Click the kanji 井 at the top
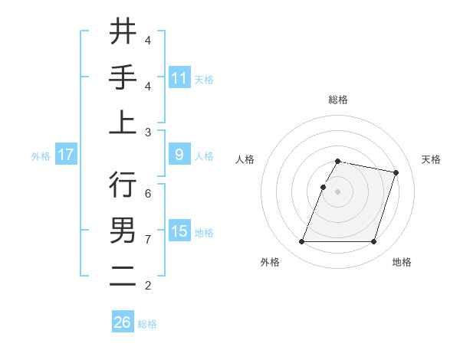tap(123, 33)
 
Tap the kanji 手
tap(123, 77)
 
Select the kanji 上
tap(123, 123)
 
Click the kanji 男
tap(123, 231)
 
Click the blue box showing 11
tap(179, 77)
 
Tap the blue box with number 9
tap(179, 155)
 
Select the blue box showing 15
tap(179, 231)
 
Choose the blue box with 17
tap(66, 155)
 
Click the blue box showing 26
tap(123, 322)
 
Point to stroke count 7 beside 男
tap(148, 240)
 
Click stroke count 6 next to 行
tap(148, 194)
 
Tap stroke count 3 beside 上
tap(148, 133)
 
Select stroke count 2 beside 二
tap(148, 286)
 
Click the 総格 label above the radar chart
tap(338, 100)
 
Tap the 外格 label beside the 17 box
tap(41, 155)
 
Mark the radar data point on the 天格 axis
tap(396, 173)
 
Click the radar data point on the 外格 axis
tap(302, 242)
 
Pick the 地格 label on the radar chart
tap(402, 262)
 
